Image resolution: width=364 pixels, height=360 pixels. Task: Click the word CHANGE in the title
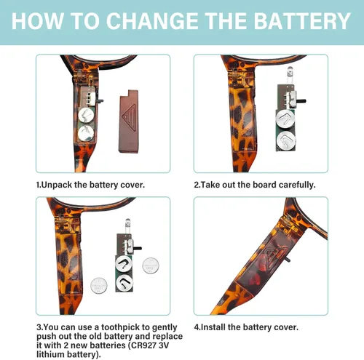pos(152,21)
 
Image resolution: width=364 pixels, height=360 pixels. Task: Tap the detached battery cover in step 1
pos(129,121)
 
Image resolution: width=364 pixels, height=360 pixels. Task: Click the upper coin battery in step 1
pos(86,115)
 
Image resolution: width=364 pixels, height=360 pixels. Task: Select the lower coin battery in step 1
pos(86,133)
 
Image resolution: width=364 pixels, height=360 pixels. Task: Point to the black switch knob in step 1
pos(100,100)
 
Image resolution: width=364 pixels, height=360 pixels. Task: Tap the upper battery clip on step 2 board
pos(285,119)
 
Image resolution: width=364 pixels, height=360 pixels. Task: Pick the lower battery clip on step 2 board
pos(286,140)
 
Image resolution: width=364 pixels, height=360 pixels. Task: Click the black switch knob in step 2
pos(302,100)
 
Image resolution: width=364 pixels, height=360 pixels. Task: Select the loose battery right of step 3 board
pos(151,265)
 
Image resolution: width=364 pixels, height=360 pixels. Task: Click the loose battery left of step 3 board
pos(99,286)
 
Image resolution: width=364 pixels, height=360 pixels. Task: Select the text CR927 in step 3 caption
pos(143,345)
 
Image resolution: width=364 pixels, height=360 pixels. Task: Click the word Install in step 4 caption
pos(213,327)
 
